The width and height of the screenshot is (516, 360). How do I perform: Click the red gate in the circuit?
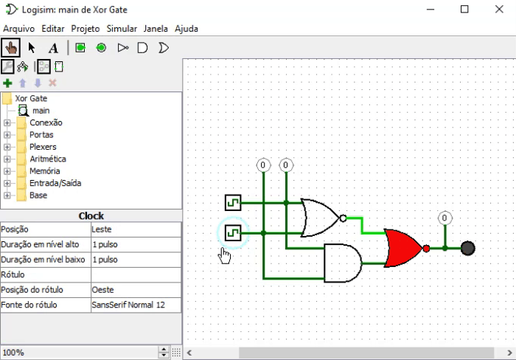pyautogui.click(x=402, y=248)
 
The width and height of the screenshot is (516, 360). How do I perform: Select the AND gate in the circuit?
pyautogui.click(x=342, y=263)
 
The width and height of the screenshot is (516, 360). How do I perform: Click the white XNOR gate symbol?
pyautogui.click(x=320, y=218)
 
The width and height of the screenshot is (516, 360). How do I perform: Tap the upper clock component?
pyautogui.click(x=233, y=202)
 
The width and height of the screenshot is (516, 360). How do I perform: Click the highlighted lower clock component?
pyautogui.click(x=233, y=233)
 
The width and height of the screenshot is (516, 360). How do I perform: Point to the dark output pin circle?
pyautogui.click(x=467, y=248)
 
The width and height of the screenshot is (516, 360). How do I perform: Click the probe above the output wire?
pyautogui.click(x=444, y=218)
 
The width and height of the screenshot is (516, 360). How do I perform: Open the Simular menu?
pyautogui.click(x=122, y=29)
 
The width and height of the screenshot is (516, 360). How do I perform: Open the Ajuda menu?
pyautogui.click(x=186, y=29)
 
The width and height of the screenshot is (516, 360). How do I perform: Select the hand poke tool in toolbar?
pyautogui.click(x=11, y=48)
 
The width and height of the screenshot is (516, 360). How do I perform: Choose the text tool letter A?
pyautogui.click(x=53, y=48)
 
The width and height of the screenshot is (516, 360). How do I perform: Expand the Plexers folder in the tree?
pyautogui.click(x=7, y=147)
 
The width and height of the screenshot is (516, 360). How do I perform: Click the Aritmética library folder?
pyautogui.click(x=47, y=159)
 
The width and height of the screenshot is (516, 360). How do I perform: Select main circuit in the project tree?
pyautogui.click(x=41, y=111)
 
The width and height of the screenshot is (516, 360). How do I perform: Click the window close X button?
pyautogui.click(x=498, y=10)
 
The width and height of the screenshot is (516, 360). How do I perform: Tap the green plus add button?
pyautogui.click(x=8, y=83)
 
